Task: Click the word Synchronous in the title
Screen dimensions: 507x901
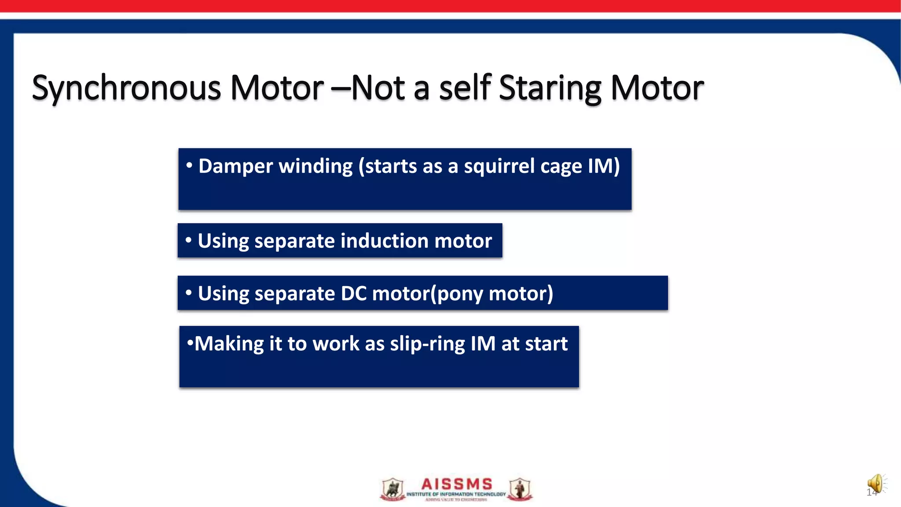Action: pos(126,88)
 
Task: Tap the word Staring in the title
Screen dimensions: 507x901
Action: pos(550,88)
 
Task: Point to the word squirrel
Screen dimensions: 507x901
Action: pos(499,167)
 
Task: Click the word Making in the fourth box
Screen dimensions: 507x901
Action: pos(229,344)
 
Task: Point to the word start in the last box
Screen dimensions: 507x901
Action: pos(546,344)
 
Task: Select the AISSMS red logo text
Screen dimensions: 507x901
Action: pos(457,484)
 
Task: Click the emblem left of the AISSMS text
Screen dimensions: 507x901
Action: pos(392,489)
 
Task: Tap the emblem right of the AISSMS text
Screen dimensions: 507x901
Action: pos(520,489)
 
